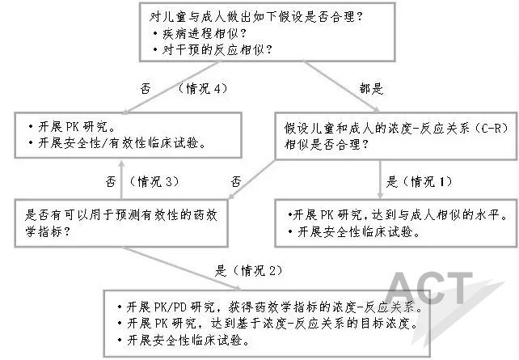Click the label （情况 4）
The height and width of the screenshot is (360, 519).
pyautogui.click(x=203, y=89)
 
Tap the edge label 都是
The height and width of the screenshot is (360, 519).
pyautogui.click(x=371, y=89)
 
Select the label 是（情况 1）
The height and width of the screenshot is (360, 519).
pyautogui.click(x=420, y=181)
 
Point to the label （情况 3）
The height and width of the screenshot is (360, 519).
pyautogui.click(x=154, y=181)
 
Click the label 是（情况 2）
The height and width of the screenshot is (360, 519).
pyautogui.click(x=249, y=271)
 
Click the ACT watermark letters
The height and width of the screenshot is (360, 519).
pyautogui.click(x=429, y=288)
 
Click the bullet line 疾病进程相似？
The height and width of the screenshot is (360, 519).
pyautogui.click(x=200, y=33)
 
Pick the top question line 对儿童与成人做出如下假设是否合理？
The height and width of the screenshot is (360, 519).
pyautogui.click(x=255, y=16)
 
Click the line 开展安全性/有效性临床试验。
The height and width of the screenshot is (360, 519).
pyautogui.click(x=118, y=143)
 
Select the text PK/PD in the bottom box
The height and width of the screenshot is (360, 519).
pyautogui.click(x=170, y=307)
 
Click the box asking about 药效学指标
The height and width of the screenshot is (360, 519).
pyautogui.click(x=121, y=223)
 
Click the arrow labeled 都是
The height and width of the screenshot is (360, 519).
pyautogui.click(x=341, y=87)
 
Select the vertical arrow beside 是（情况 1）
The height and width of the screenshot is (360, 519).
pyautogui.click(x=380, y=179)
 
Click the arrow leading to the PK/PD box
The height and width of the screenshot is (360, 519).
pyautogui.click(x=182, y=269)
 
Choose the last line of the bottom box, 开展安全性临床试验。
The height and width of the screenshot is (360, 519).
pyautogui.click(x=184, y=340)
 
